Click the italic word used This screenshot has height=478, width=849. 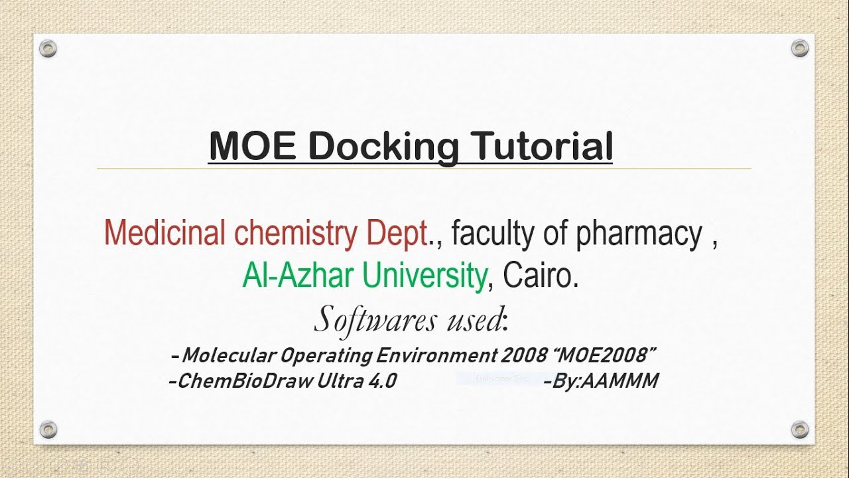click(472, 320)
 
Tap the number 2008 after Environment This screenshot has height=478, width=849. click(524, 355)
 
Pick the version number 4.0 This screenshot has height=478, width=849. click(381, 381)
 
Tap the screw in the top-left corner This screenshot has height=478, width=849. click(48, 48)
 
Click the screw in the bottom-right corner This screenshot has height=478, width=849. click(801, 429)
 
